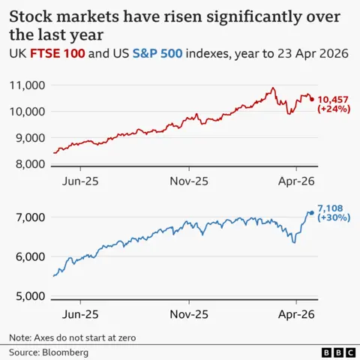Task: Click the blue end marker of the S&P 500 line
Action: tap(312, 212)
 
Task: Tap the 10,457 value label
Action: tap(335, 100)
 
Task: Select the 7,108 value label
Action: tap(331, 207)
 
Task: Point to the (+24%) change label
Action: tap(334, 110)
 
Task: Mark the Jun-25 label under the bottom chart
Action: tap(80, 313)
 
